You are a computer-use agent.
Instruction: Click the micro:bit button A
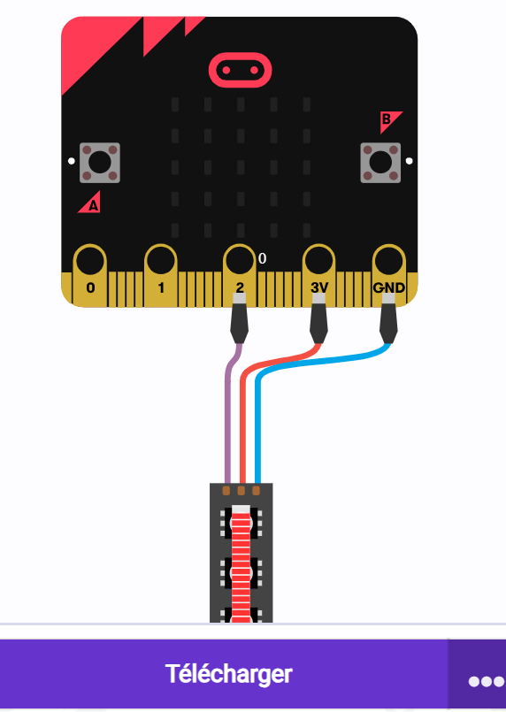(x=100, y=163)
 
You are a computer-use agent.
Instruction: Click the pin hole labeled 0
(x=90, y=262)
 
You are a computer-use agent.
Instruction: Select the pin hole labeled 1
(x=161, y=262)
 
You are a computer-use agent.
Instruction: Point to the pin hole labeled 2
(x=240, y=262)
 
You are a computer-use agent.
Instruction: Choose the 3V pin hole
(x=318, y=262)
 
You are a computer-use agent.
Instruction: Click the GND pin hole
(x=389, y=262)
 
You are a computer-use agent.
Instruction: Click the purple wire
(x=228, y=409)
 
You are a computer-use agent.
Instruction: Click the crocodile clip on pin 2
(x=239, y=318)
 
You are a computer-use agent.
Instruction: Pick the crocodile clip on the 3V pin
(x=318, y=318)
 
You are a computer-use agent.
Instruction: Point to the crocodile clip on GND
(x=389, y=318)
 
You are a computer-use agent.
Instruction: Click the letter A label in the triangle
(x=93, y=206)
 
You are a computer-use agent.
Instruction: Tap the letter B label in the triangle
(x=386, y=119)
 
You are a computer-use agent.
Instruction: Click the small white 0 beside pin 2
(x=262, y=258)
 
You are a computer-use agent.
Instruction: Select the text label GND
(x=389, y=287)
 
